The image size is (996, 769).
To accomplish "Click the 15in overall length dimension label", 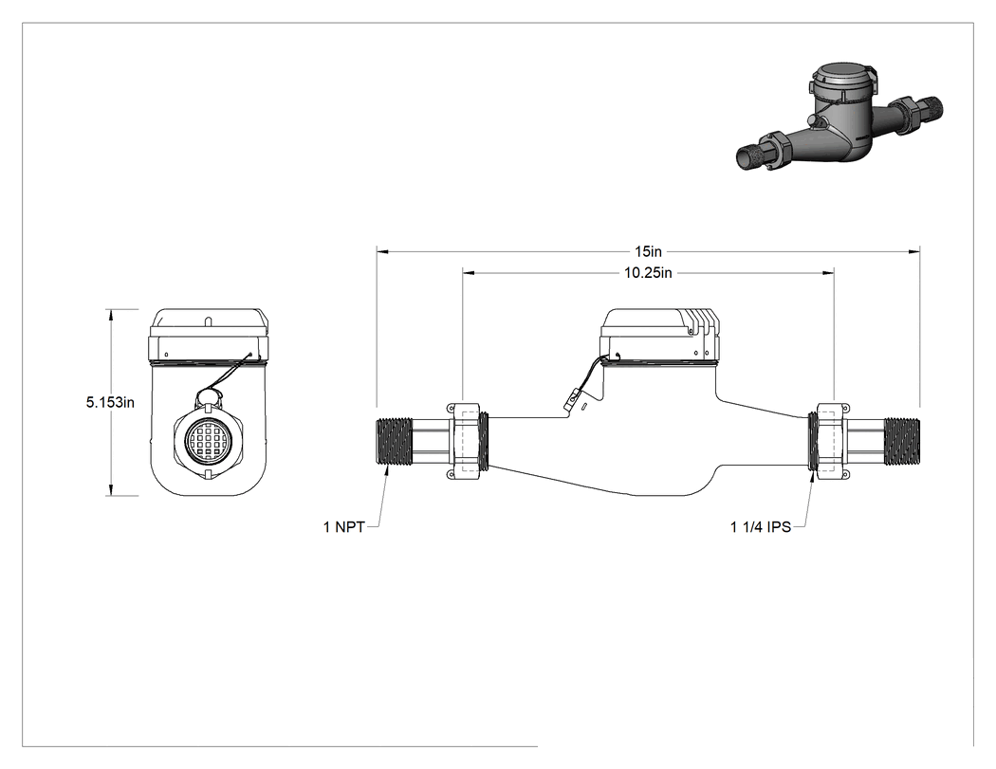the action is (648, 251).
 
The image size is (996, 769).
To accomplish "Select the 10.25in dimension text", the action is (648, 273).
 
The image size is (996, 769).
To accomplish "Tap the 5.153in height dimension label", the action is (111, 402).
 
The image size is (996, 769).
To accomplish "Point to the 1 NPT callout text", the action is (343, 527).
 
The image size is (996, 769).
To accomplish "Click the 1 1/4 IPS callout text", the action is (761, 527).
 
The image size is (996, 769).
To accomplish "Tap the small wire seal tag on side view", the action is (574, 400).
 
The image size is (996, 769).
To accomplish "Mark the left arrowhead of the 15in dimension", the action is (381, 251).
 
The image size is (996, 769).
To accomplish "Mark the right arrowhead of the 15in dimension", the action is (914, 251).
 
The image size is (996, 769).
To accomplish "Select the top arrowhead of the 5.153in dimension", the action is (112, 315).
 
